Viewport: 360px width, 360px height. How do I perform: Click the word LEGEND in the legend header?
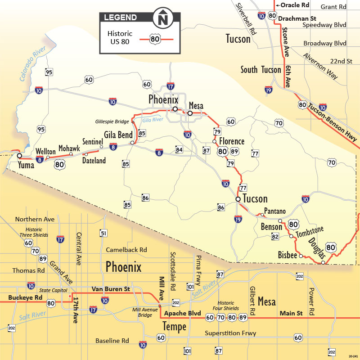[121, 18]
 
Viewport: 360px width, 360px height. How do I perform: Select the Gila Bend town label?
[118, 135]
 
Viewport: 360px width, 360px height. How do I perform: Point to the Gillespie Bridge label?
[112, 121]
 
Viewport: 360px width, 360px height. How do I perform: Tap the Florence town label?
[232, 142]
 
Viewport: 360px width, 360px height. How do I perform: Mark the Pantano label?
[274, 211]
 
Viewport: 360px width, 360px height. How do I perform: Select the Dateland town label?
[94, 160]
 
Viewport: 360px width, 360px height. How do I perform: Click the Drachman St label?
[297, 18]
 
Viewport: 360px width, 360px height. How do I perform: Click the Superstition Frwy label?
[230, 333]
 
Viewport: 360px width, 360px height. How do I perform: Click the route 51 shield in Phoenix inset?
[103, 233]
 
